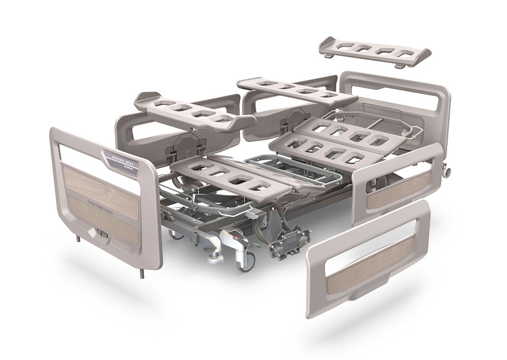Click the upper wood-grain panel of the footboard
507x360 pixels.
(x=101, y=185)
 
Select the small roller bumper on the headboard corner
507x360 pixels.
(x=448, y=172)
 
